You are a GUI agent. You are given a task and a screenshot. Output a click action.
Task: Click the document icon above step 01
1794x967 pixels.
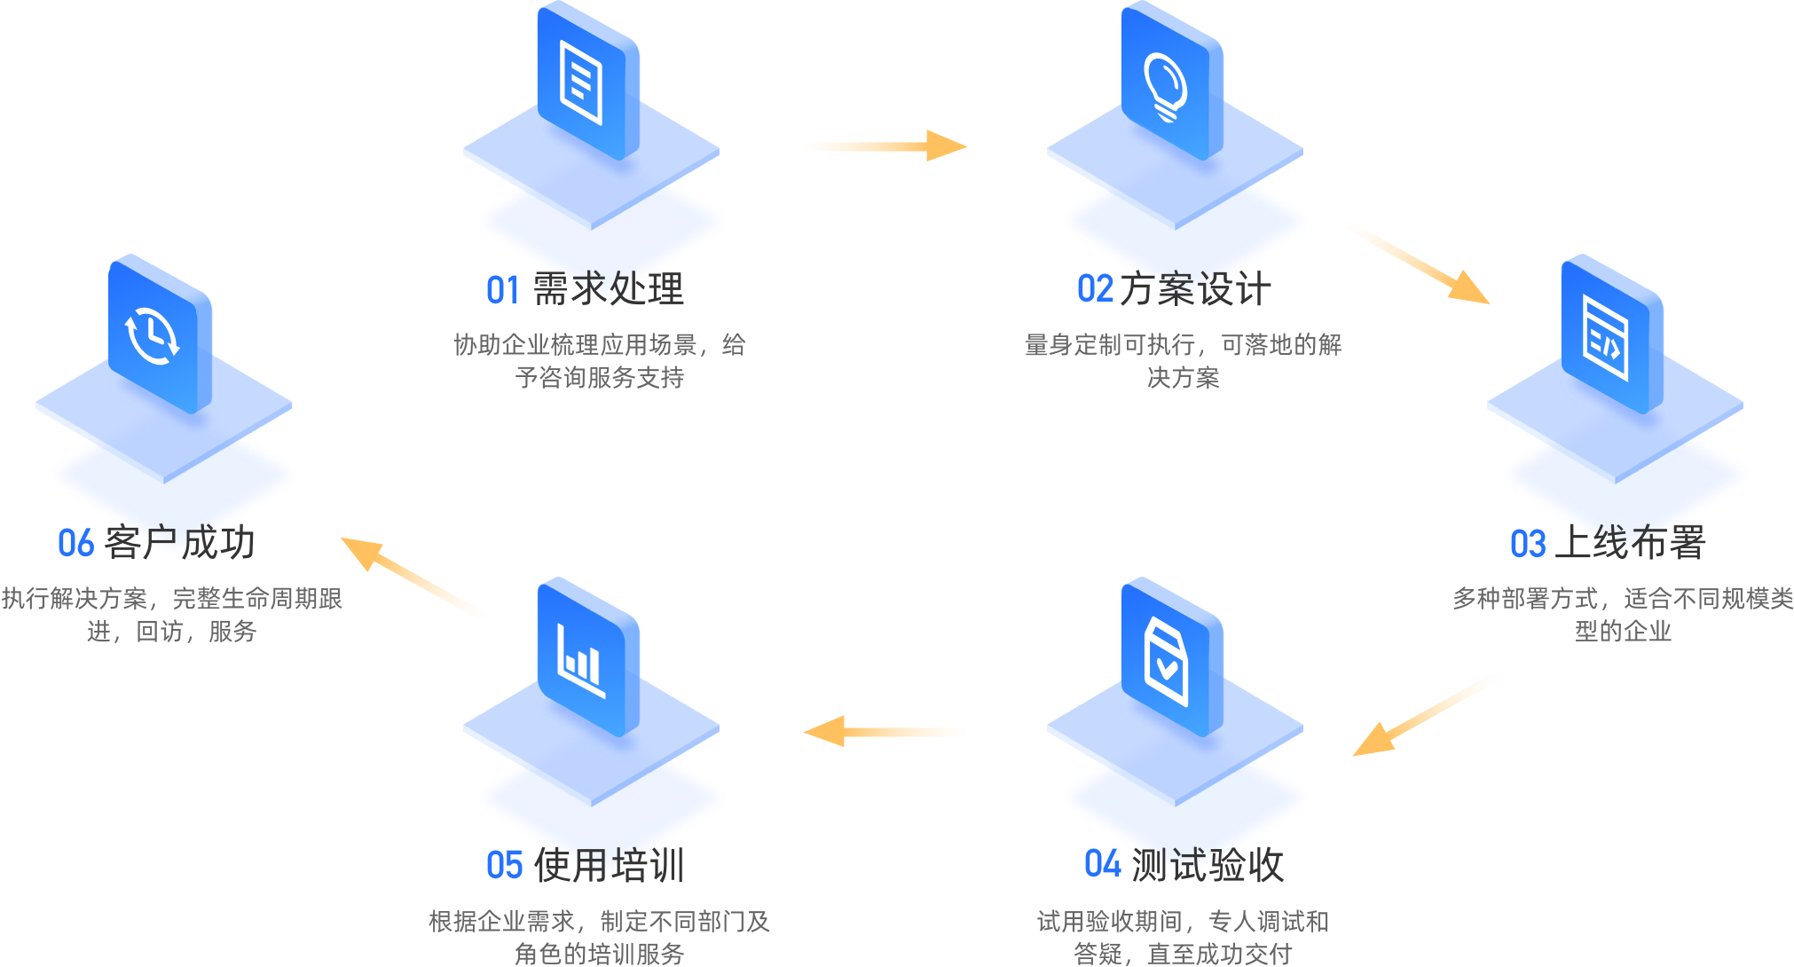pos(582,85)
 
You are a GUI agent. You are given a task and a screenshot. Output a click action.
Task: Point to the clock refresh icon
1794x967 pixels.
pos(153,337)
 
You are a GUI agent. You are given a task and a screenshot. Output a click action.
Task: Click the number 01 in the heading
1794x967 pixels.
pos(503,290)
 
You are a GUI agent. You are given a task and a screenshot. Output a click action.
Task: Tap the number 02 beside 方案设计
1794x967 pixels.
pos(1095,289)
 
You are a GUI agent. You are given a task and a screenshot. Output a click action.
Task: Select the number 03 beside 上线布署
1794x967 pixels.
pos(1528,544)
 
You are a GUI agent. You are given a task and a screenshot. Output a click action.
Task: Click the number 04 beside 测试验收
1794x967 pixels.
pos(1102,864)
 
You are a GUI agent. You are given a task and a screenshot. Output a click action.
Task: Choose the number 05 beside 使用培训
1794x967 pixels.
pos(504,865)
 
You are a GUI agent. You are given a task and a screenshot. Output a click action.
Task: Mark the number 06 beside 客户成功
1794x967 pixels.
pos(75,543)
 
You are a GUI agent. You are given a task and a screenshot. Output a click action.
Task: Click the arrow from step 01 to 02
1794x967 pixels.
pos(884,146)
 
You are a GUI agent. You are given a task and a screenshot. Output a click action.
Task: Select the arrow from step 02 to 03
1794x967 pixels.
pos(1416,262)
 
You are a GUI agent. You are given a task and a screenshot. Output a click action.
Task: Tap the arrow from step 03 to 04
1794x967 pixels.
pos(1423,715)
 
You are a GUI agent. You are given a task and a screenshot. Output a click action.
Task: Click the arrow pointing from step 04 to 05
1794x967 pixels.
pos(885,732)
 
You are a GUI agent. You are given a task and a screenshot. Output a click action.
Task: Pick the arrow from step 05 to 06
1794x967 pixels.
pos(413,578)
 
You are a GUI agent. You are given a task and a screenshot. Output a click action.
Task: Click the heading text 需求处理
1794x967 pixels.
pos(609,289)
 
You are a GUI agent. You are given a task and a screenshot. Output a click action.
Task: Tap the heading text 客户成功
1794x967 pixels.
pos(179,543)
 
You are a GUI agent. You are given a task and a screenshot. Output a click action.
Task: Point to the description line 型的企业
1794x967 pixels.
pos(1622,632)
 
